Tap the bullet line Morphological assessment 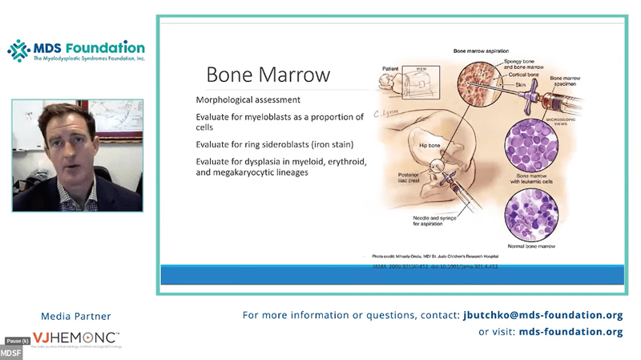[248, 100]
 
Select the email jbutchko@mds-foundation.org [542, 315]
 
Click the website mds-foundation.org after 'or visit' [570, 331]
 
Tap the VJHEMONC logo [76, 339]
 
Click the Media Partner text [76, 316]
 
